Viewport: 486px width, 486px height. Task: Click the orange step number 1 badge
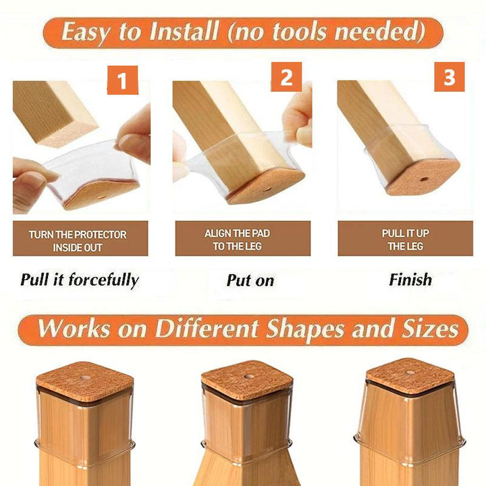coord(122,80)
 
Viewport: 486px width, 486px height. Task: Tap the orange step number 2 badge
coord(286,77)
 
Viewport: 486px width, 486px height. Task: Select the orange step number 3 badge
coord(449,77)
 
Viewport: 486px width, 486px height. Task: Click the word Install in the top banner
coord(184,32)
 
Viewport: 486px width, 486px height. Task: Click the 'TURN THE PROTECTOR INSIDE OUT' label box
coord(80,238)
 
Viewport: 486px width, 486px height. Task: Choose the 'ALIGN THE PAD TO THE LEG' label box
coord(243,238)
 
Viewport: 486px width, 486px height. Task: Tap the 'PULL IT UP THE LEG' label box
coord(406,238)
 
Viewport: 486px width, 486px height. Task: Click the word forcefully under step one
coord(103,281)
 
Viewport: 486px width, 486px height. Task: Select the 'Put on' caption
coord(250,281)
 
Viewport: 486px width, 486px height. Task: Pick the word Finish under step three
coord(410,279)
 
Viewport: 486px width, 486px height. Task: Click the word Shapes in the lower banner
coord(304,329)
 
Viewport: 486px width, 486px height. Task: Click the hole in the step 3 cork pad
coord(425,179)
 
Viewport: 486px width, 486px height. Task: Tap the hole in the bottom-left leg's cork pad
coord(84,378)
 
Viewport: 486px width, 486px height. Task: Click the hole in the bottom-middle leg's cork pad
coord(248,376)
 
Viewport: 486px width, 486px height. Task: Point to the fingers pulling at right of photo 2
coord(298,117)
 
